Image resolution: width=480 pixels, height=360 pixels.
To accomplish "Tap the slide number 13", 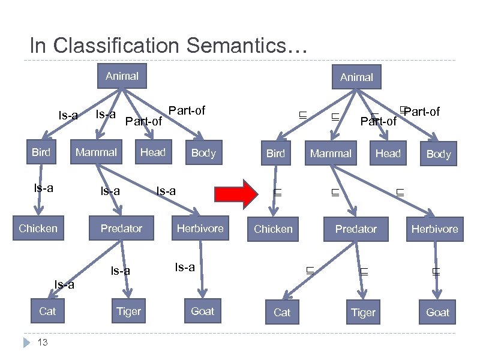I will point(43,342).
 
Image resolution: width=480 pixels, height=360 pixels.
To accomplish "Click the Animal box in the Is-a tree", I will point(122,76).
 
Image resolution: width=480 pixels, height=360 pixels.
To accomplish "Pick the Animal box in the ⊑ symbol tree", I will point(356,77).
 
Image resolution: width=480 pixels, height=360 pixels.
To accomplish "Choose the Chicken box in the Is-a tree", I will point(38,228).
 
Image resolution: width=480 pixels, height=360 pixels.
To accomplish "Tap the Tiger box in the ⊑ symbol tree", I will point(363,312).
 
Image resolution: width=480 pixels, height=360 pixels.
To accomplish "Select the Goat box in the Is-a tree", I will point(203,311).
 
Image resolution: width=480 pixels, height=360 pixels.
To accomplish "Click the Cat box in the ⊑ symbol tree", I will point(282,312).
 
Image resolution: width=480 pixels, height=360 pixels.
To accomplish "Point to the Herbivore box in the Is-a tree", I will point(200,228).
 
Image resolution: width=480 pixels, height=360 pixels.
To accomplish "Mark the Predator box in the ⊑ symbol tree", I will point(356,229).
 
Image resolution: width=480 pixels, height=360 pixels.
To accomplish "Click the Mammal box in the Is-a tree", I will point(96,152).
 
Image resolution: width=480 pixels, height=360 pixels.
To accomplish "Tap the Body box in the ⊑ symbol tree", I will point(438,154).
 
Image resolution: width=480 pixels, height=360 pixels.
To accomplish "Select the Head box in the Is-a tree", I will point(152,152).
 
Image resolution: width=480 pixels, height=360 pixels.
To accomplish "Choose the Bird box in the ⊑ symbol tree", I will point(275,154).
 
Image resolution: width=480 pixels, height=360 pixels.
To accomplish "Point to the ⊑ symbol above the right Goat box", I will point(436,272).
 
